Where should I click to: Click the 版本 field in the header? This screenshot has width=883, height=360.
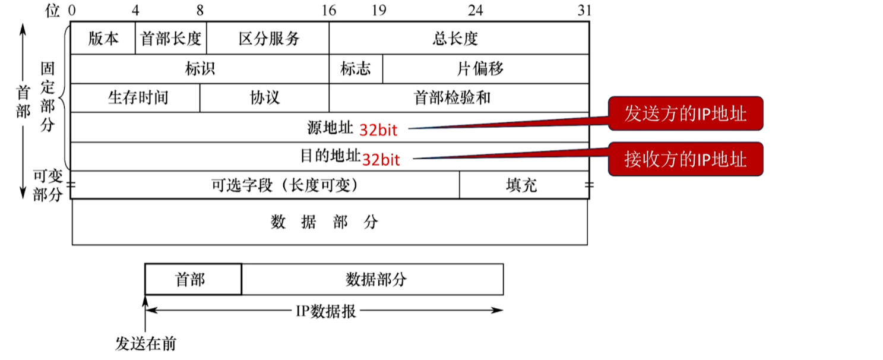pyautogui.click(x=103, y=39)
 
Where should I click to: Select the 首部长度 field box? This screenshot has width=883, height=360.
pyautogui.click(x=171, y=39)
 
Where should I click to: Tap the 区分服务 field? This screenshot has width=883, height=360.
pyautogui.click(x=268, y=39)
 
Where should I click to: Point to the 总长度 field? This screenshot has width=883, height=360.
pyautogui.click(x=459, y=39)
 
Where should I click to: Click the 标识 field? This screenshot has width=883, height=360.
pyautogui.click(x=200, y=69)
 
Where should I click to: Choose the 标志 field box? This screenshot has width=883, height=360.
pyautogui.click(x=356, y=69)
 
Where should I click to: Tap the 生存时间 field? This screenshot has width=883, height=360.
pyautogui.click(x=135, y=97)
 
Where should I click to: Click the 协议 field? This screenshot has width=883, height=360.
pyautogui.click(x=264, y=97)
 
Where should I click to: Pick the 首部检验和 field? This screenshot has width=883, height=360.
pyautogui.click(x=459, y=97)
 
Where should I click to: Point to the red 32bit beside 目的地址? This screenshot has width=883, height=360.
pyautogui.click(x=381, y=159)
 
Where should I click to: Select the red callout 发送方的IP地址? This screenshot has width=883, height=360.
pyautogui.click(x=685, y=114)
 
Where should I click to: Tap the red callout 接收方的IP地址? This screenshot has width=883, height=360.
pyautogui.click(x=685, y=159)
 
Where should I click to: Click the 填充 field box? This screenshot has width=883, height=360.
pyautogui.click(x=523, y=185)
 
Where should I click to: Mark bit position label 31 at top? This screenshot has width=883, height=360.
pyautogui.click(x=584, y=10)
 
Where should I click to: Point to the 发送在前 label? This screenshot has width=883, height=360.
pyautogui.click(x=145, y=344)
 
